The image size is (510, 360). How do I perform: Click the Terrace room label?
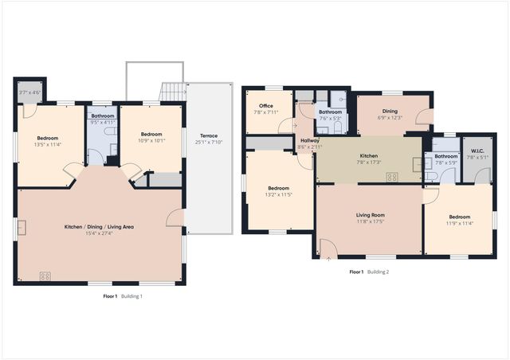(x=209, y=136)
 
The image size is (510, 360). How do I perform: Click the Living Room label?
(x=370, y=215)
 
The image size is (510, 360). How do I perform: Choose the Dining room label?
(x=390, y=112)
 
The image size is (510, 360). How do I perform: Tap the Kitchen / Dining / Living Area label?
(x=99, y=227)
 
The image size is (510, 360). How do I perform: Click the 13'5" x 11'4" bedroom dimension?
(x=48, y=145)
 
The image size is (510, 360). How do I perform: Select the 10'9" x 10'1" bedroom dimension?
(x=151, y=141)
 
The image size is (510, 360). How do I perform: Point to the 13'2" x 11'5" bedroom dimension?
(x=279, y=194)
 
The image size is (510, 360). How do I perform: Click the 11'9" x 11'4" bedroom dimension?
(x=459, y=223)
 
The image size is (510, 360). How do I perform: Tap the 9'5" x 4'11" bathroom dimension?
(x=102, y=123)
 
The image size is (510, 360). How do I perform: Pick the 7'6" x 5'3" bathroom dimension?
(x=330, y=119)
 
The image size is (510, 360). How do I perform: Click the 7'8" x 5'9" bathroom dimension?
(x=446, y=162)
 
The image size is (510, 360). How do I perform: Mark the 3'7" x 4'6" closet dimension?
(x=29, y=92)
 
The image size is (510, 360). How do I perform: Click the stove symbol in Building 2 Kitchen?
(x=391, y=177)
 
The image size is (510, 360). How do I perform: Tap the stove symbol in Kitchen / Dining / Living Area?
(x=45, y=276)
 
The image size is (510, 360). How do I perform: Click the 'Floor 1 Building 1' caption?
(x=122, y=296)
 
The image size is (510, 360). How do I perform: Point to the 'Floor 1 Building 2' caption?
(x=369, y=272)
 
